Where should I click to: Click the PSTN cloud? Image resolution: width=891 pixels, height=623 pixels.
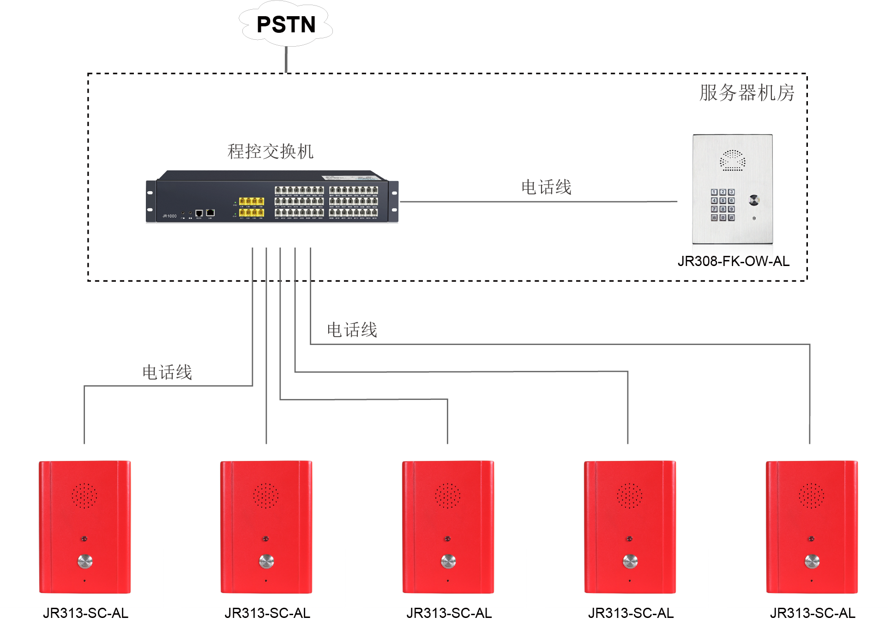pos(286,24)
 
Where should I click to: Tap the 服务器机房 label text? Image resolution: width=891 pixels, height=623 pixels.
pos(747,93)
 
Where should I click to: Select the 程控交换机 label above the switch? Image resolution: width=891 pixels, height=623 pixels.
pos(270,151)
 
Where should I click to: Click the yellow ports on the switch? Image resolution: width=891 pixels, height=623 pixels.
pos(251,206)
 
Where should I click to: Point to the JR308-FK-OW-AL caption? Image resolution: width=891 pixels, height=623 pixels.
pos(734,261)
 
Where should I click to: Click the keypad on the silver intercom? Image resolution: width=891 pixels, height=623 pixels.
pos(722,205)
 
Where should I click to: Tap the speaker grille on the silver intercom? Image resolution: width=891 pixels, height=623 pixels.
pos(733,160)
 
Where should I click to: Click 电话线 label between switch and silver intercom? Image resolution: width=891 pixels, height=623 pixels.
pos(546,187)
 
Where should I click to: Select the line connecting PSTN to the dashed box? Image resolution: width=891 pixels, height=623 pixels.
pos(286,59)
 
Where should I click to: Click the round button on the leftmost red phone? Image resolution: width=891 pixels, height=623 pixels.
pos(84,561)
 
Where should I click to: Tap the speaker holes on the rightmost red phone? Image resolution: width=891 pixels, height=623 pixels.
pos(812,496)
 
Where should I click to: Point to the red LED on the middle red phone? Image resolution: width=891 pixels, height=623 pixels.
pos(447,539)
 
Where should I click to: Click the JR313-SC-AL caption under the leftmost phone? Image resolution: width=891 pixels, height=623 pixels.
pos(85,613)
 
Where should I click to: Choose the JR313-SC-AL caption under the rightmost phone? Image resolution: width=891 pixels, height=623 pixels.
pos(813,613)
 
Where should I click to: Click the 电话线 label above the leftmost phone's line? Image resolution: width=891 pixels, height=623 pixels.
pos(167,372)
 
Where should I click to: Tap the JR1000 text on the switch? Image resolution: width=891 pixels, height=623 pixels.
pos(169,216)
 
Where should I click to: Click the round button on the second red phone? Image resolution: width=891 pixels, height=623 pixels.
pos(266,561)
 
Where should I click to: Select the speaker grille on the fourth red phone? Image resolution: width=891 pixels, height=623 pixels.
pos(630,496)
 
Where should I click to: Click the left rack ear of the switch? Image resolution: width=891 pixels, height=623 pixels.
pos(151,201)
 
